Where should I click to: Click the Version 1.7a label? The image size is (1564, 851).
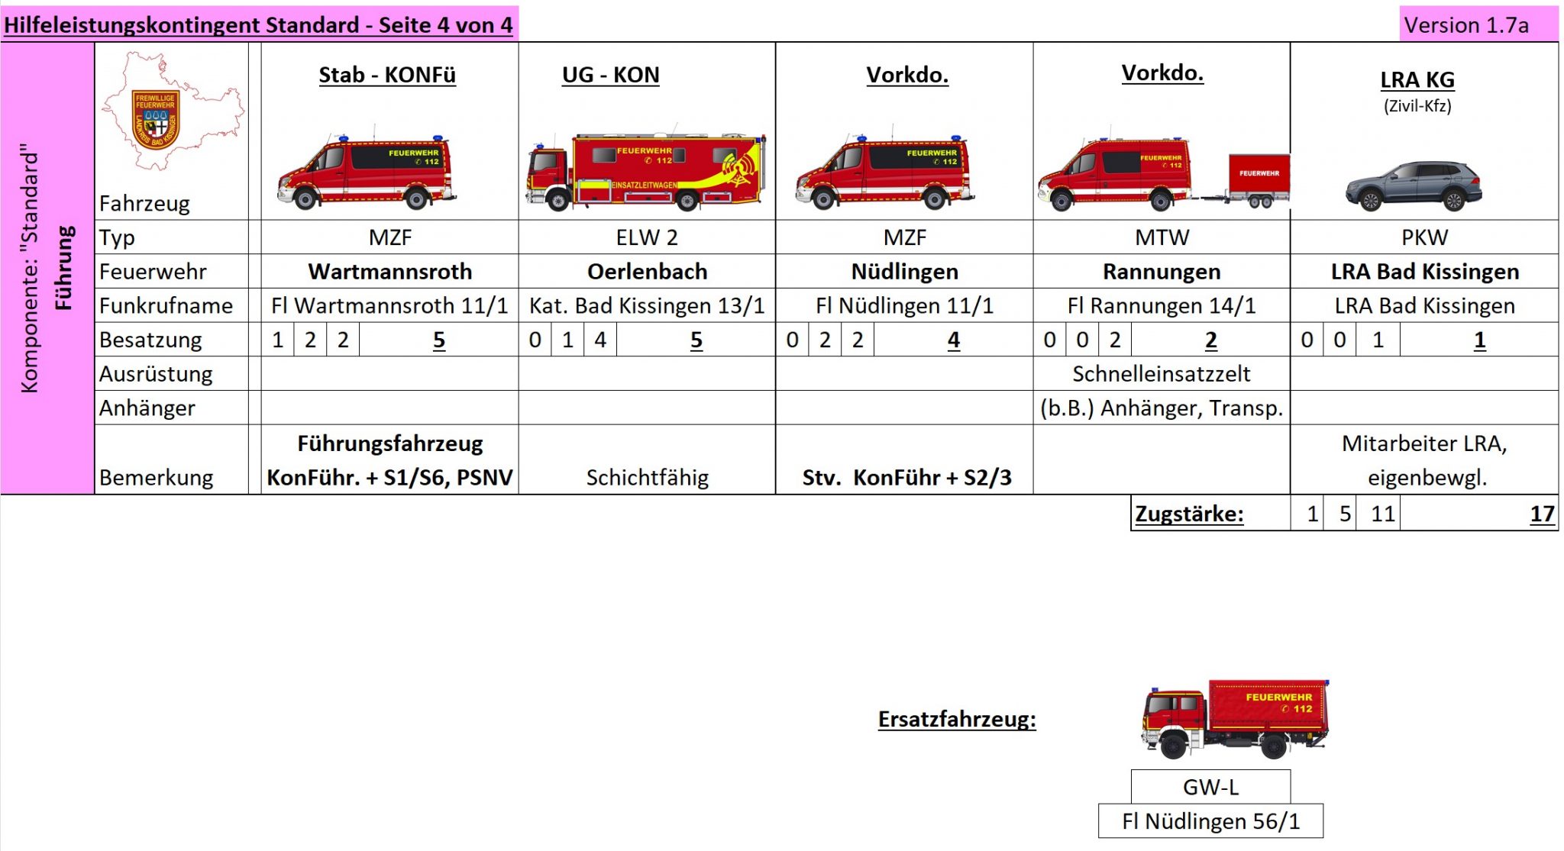point(1466,25)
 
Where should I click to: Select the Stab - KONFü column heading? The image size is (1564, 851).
point(387,75)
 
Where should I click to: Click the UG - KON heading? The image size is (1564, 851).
point(610,75)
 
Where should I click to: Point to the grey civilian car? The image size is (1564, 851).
point(1413,186)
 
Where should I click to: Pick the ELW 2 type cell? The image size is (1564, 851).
point(647,237)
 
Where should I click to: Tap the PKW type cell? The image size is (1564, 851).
point(1424,237)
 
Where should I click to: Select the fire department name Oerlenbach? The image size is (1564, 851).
point(647,272)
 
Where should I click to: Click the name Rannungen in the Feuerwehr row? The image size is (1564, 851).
point(1162,272)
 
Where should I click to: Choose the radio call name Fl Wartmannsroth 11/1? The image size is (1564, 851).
point(389,305)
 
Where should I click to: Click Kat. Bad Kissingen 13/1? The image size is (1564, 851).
point(647,305)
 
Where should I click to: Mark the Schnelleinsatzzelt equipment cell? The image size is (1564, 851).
point(1162,374)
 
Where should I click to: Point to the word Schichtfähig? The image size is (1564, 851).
point(647,477)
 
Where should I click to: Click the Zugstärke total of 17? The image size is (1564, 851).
point(1542,514)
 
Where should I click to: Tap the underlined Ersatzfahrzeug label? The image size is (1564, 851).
point(957,719)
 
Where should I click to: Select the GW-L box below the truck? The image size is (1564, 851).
point(1210,787)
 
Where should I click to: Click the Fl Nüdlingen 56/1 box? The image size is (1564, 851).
point(1210,821)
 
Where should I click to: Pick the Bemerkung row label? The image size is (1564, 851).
point(156,477)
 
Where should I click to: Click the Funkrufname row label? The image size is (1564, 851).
point(166,305)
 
